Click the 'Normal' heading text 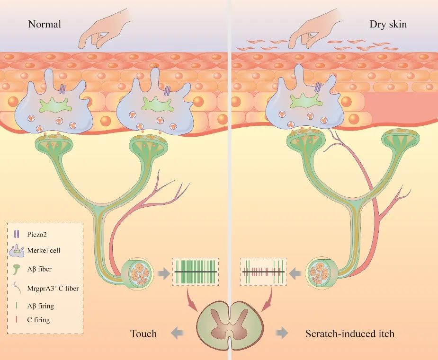point(45,24)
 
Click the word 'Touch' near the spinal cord point(143,334)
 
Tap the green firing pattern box point(196,272)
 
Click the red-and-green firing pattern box point(263,272)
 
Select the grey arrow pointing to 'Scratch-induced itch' point(282,333)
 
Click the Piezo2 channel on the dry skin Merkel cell point(319,87)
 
